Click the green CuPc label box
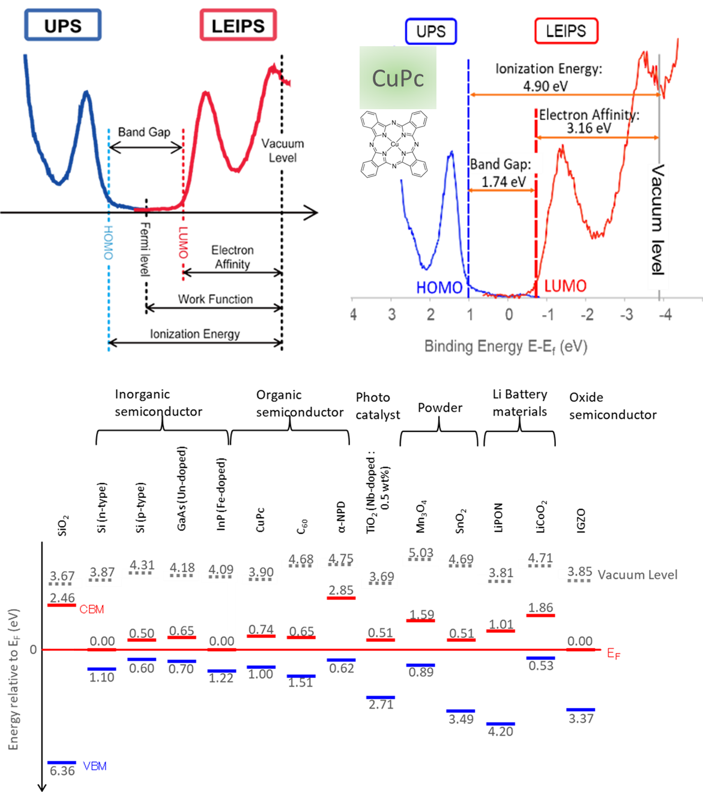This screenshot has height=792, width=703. pyautogui.click(x=397, y=78)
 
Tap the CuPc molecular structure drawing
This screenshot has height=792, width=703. pyautogui.click(x=394, y=144)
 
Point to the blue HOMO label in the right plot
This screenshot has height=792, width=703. pyautogui.click(x=439, y=287)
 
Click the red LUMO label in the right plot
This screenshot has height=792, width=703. pyautogui.click(x=565, y=286)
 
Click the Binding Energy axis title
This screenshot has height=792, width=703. pyautogui.click(x=505, y=346)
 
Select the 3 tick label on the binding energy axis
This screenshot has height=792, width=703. pyautogui.click(x=391, y=314)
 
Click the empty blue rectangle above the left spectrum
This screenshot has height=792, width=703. pyautogui.click(x=63, y=25)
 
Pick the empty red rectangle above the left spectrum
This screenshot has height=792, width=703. pyautogui.click(x=238, y=25)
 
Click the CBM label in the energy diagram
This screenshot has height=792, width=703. pyautogui.click(x=92, y=610)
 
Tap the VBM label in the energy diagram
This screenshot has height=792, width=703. pyautogui.click(x=95, y=766)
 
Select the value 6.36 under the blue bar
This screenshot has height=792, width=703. pyautogui.click(x=62, y=772)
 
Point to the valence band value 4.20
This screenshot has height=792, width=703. pyautogui.click(x=500, y=731)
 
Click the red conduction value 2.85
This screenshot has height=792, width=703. pyautogui.click(x=341, y=590)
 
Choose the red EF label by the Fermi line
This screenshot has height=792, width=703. pyautogui.click(x=614, y=653)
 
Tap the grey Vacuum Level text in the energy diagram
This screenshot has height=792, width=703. pyautogui.click(x=638, y=575)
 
